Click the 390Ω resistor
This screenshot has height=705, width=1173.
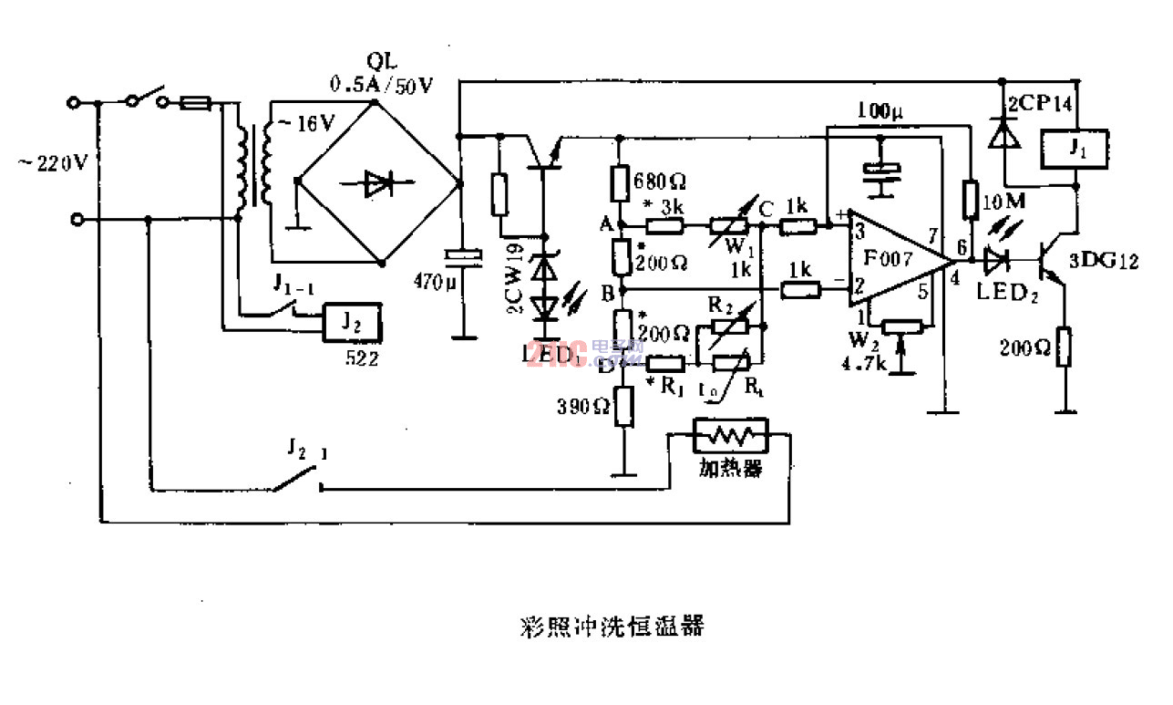tap(624, 407)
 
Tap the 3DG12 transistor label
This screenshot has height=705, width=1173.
tap(1104, 262)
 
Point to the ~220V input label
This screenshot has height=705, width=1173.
tap(53, 163)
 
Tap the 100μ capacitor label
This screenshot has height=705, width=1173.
tap(880, 113)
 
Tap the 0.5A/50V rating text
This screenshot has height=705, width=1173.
tap(382, 85)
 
